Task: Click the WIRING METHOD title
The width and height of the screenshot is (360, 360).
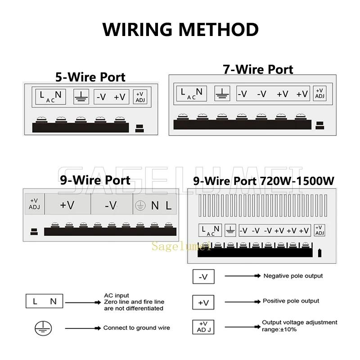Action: (180, 30)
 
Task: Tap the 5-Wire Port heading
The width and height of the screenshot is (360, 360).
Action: (90, 76)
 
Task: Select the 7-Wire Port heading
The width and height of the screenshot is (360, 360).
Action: (258, 69)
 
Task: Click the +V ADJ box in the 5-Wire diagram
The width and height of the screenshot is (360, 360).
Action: (139, 97)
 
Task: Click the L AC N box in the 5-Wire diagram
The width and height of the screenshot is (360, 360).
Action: (51, 96)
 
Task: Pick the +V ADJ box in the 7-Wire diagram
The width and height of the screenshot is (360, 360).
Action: (319, 93)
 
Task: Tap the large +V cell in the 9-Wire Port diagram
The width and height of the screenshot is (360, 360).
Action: (67, 205)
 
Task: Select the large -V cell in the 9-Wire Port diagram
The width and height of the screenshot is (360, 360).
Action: (111, 205)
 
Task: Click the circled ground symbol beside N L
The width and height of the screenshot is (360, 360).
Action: (141, 206)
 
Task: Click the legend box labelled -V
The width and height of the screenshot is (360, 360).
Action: (203, 277)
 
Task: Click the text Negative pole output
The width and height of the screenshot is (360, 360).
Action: (293, 276)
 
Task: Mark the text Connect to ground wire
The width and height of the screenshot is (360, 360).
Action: (136, 328)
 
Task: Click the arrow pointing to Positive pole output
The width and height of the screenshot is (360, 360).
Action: (242, 301)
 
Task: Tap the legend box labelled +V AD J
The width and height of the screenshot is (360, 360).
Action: (203, 326)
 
